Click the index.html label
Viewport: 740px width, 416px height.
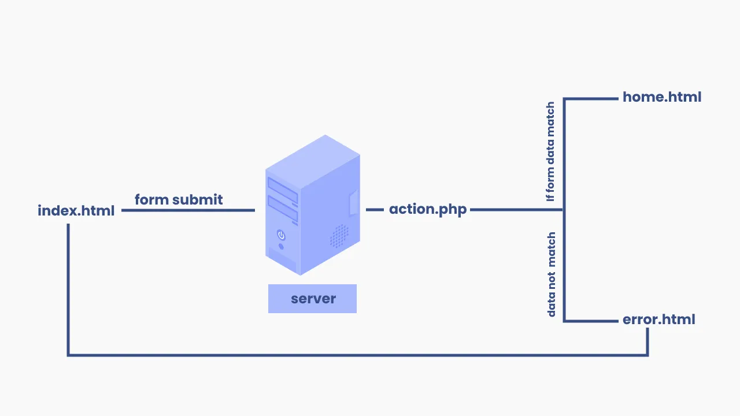(x=76, y=211)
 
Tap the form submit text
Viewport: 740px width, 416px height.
(x=179, y=200)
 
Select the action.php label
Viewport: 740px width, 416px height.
(x=427, y=209)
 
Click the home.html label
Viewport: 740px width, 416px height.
(x=661, y=97)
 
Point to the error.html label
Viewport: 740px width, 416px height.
(x=658, y=320)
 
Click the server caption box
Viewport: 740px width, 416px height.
(x=312, y=299)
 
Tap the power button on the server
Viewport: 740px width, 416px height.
(x=281, y=235)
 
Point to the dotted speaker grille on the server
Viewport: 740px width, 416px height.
(x=339, y=236)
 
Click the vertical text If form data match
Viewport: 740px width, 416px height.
(x=550, y=151)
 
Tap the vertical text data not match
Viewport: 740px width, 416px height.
(x=552, y=274)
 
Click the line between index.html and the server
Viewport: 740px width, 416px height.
(x=188, y=210)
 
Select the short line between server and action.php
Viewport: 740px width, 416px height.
(x=375, y=210)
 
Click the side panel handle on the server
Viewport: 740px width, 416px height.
(x=354, y=202)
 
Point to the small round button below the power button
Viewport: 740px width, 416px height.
(x=281, y=247)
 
